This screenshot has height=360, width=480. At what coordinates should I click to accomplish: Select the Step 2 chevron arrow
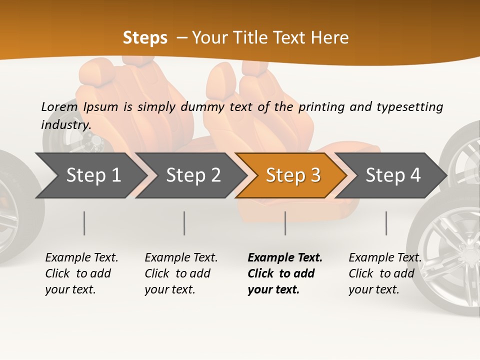pyautogui.click(x=193, y=175)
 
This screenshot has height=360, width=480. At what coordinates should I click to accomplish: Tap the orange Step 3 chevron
pyautogui.click(x=293, y=175)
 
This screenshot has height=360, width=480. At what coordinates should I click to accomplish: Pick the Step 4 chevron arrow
pyautogui.click(x=393, y=175)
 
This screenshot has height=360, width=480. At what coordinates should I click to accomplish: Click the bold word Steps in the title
pyautogui.click(x=145, y=37)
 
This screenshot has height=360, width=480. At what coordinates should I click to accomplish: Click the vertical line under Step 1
pyautogui.click(x=84, y=223)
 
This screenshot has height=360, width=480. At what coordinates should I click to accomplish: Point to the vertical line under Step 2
pyautogui.click(x=184, y=223)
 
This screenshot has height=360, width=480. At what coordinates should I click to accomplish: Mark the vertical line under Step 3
pyautogui.click(x=285, y=223)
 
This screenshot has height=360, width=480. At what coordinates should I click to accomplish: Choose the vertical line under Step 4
pyautogui.click(x=386, y=223)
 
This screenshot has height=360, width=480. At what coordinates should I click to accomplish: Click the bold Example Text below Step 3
pyautogui.click(x=285, y=257)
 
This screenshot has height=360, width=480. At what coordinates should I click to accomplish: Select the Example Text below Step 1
pyautogui.click(x=81, y=257)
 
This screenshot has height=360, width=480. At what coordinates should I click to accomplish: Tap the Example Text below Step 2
pyautogui.click(x=181, y=257)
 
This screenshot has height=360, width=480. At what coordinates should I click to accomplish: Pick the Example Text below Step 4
pyautogui.click(x=385, y=257)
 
